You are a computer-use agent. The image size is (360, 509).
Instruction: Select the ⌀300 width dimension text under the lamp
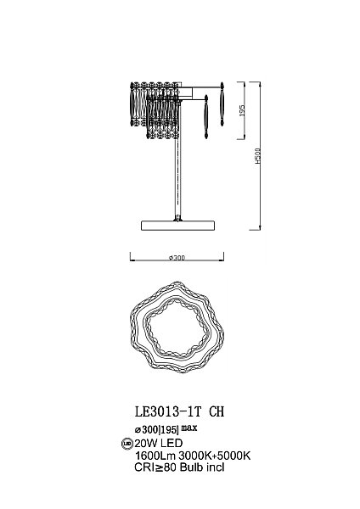[x=178, y=258]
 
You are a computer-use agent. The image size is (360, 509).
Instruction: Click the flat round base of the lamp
[x=178, y=224]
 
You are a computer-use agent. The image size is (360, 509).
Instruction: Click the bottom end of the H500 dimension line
[x=255, y=229]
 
